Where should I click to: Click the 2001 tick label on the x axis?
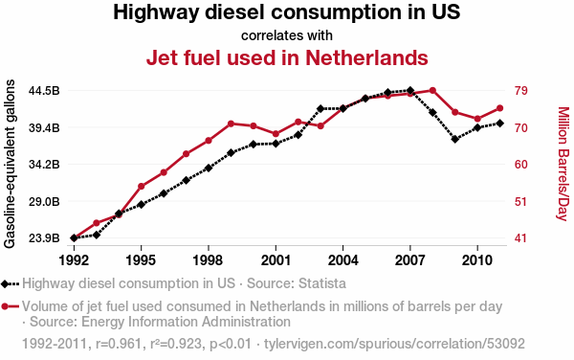tap(276, 260)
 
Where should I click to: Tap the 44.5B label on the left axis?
tap(44, 90)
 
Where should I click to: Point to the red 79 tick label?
tap(520, 90)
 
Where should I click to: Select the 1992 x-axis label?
tap(74, 260)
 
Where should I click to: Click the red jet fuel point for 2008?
tap(432, 90)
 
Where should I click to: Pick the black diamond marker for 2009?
tap(455, 139)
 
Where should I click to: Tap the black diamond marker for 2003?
tap(320, 109)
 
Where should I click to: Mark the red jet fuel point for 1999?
tap(231, 124)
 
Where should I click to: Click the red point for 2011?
tap(499, 108)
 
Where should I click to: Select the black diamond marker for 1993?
tap(97, 235)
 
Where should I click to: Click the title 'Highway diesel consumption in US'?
tap(287, 12)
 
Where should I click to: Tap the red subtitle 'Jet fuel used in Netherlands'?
tap(287, 57)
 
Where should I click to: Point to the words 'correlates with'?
tap(287, 35)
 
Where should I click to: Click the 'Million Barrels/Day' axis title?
tap(563, 164)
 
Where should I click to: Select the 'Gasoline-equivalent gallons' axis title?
tap(10, 164)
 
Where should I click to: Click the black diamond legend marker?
tap(5, 283)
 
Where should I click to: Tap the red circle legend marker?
tap(5, 306)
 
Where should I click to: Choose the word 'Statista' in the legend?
tap(322, 283)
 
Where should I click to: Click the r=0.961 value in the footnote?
tap(119, 344)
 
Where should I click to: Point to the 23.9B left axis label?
tap(44, 238)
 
